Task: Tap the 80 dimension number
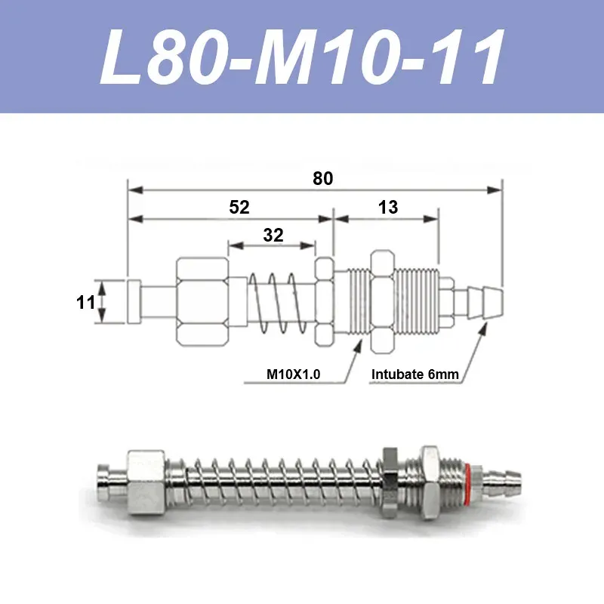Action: (323, 179)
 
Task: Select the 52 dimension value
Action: (239, 207)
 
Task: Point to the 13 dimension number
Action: (388, 207)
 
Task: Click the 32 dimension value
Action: (273, 235)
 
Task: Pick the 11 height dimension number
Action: (85, 303)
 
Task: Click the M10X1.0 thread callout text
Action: (293, 374)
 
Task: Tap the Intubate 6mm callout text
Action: (414, 374)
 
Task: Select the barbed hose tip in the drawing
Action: (485, 303)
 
